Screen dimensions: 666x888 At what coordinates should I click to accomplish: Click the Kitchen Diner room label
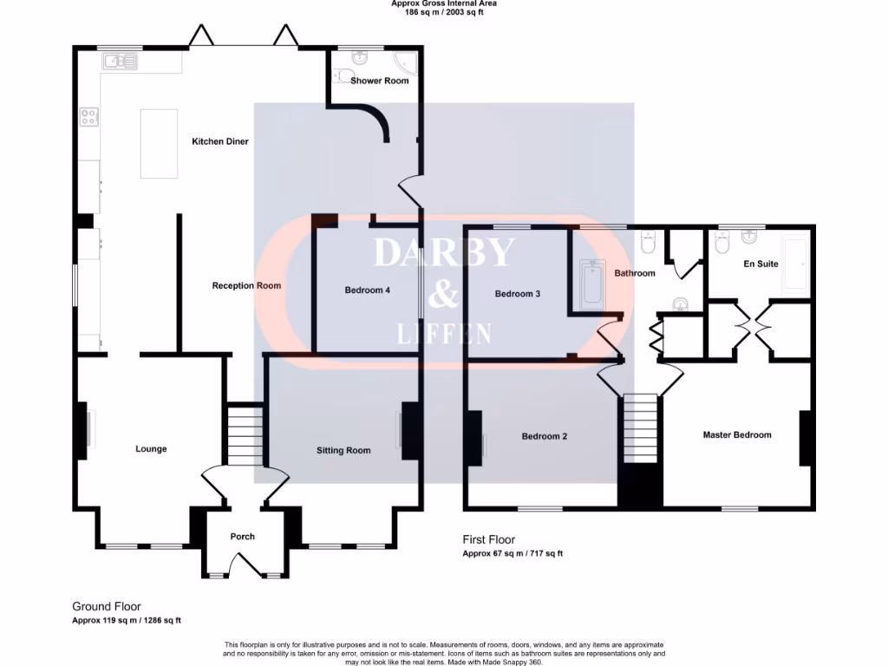(x=220, y=141)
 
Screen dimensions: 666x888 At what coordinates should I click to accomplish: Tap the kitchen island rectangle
(x=159, y=143)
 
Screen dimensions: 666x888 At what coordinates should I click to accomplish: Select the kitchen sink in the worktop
(x=118, y=61)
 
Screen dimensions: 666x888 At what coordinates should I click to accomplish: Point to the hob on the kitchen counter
(x=88, y=116)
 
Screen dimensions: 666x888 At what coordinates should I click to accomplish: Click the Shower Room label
(x=379, y=81)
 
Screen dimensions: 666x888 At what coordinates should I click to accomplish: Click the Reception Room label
(x=246, y=285)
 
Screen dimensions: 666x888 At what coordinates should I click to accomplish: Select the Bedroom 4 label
(x=367, y=291)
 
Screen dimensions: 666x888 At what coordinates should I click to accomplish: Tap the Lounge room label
(x=151, y=449)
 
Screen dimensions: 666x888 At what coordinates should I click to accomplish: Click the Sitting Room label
(x=343, y=450)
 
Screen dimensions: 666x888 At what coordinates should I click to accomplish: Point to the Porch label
(x=243, y=537)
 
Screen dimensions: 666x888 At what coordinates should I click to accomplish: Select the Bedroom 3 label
(x=518, y=294)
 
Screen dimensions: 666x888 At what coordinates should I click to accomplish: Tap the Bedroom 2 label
(x=545, y=436)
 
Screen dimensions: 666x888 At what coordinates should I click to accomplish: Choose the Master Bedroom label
(x=736, y=434)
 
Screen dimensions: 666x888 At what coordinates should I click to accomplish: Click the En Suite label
(x=761, y=264)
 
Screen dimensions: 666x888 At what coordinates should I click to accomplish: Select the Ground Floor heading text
(x=106, y=607)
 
